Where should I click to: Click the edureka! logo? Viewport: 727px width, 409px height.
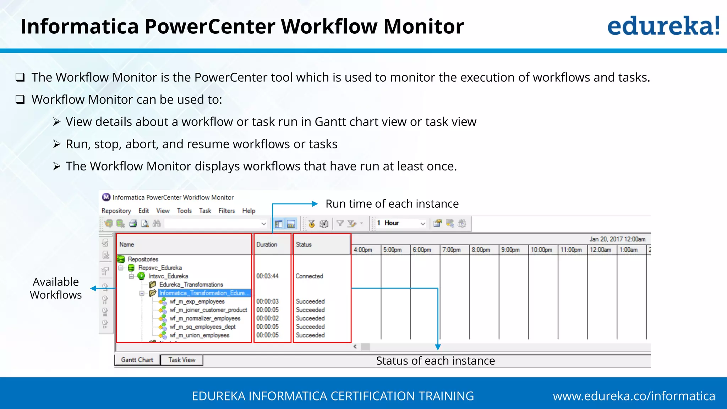pyautogui.click(x=663, y=26)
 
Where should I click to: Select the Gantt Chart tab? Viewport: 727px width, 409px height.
pyautogui.click(x=137, y=360)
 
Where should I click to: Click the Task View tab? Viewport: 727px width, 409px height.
pyautogui.click(x=182, y=360)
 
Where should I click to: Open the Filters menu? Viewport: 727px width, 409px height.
pyautogui.click(x=226, y=211)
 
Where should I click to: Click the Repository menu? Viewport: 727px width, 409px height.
pyautogui.click(x=116, y=211)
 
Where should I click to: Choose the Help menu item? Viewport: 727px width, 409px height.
pyautogui.click(x=248, y=211)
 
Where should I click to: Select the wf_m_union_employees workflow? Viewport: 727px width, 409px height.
pyautogui.click(x=199, y=335)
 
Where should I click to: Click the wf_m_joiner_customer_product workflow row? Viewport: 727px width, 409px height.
pyautogui.click(x=208, y=310)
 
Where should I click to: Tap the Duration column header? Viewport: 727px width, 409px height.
pyautogui.click(x=267, y=245)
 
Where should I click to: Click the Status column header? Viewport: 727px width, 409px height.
pyautogui.click(x=304, y=245)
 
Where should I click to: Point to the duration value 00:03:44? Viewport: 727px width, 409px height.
pyautogui.click(x=267, y=276)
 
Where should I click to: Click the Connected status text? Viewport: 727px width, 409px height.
pyautogui.click(x=309, y=276)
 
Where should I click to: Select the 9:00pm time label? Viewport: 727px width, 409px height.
pyautogui.click(x=510, y=250)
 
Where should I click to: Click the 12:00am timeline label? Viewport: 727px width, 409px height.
pyautogui.click(x=600, y=250)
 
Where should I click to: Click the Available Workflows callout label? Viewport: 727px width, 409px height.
pyautogui.click(x=56, y=288)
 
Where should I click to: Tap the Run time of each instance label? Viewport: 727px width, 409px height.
pyautogui.click(x=392, y=204)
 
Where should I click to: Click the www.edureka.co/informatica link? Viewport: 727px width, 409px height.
pyautogui.click(x=634, y=396)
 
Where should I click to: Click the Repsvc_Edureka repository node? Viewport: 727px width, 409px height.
pyautogui.click(x=160, y=268)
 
